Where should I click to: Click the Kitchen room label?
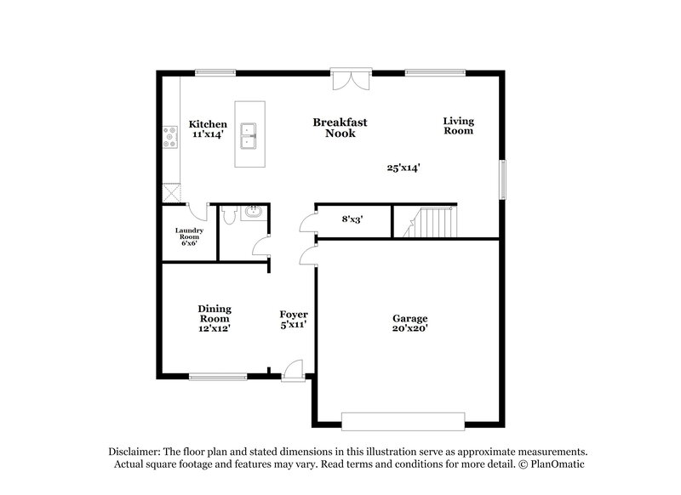coord(208,124)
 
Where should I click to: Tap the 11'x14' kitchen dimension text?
coord(208,134)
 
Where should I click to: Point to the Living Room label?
coord(458,126)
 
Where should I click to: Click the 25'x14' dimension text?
coord(404,168)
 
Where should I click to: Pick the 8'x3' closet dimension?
coord(352,219)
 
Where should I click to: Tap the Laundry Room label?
coord(188,236)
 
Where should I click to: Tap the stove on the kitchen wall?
coord(169,137)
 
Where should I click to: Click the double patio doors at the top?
coord(351,79)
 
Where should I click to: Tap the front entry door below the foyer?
coord(294,369)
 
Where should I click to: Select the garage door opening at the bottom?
coord(403,419)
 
